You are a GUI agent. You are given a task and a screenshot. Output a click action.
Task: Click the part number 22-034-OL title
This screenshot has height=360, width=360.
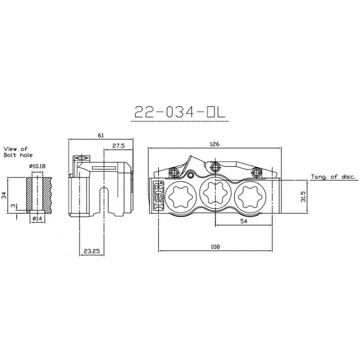pos(180,112)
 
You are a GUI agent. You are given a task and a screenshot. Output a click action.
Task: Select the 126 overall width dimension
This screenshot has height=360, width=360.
pos(215,144)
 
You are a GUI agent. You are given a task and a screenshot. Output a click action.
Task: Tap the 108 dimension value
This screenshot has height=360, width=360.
pos(215,247)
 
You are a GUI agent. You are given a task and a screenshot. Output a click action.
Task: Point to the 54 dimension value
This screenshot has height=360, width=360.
pos(243,221)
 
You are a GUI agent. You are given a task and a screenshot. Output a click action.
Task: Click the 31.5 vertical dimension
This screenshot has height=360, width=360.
pos(303,197)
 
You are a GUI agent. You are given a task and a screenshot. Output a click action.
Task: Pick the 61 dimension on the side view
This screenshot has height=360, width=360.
pos(101,135)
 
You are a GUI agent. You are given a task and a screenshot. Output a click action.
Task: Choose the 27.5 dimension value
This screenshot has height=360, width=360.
pos(118,146)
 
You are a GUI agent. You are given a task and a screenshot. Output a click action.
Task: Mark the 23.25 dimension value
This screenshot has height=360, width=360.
pos(92,251)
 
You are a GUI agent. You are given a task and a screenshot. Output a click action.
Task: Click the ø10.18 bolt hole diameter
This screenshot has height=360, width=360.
pos(37,166)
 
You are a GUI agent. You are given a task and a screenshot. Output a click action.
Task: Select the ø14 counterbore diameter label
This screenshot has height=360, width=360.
pos(37,219)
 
